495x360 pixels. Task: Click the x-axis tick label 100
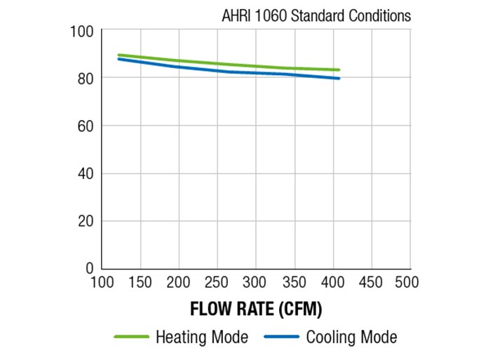pyautogui.click(x=103, y=282)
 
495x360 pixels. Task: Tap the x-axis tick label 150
pyautogui.click(x=141, y=282)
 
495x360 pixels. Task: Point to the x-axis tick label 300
pyautogui.click(x=255, y=282)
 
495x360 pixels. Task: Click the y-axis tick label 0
pyautogui.click(x=89, y=268)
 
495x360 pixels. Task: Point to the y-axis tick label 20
pyautogui.click(x=85, y=220)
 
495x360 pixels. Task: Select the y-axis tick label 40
pyautogui.click(x=85, y=173)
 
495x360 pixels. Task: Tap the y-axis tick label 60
pyautogui.click(x=85, y=126)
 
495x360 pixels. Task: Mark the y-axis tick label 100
pyautogui.click(x=81, y=32)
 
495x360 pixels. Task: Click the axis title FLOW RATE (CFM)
pyautogui.click(x=256, y=308)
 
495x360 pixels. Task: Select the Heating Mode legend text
pyautogui.click(x=201, y=338)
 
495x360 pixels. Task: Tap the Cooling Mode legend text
pyautogui.click(x=351, y=338)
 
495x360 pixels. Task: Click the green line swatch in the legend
pyautogui.click(x=131, y=338)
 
